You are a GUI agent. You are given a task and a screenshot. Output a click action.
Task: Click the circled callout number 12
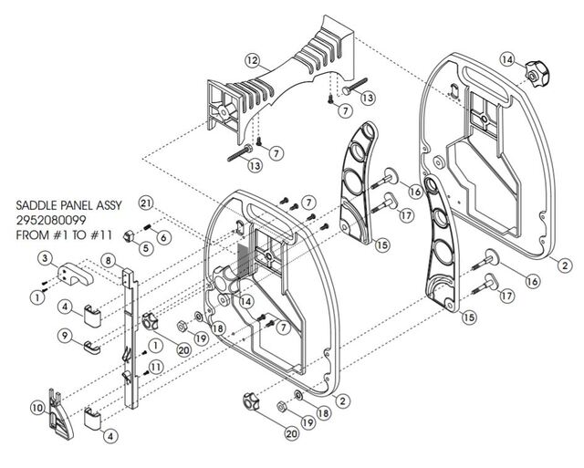(x=253, y=60)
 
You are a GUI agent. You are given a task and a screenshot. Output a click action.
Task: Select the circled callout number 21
(x=146, y=203)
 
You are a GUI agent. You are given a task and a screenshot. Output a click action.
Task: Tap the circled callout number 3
(x=46, y=258)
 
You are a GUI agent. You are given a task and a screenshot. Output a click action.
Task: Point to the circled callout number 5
(x=146, y=247)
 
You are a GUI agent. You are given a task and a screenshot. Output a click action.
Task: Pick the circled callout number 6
(x=164, y=237)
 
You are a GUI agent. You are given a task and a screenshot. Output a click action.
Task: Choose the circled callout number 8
(x=108, y=260)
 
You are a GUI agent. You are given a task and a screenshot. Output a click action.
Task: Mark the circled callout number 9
(x=65, y=336)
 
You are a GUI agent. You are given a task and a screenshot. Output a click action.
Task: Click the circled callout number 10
(x=37, y=408)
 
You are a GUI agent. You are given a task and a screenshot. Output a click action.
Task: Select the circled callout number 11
(x=156, y=367)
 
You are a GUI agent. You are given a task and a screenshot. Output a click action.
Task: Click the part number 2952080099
(x=51, y=220)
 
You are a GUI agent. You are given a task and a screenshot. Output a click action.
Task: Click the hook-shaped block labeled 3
(x=75, y=274)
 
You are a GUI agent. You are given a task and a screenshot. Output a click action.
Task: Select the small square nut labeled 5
(x=129, y=235)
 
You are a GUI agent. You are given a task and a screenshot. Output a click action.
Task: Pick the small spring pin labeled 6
(x=146, y=226)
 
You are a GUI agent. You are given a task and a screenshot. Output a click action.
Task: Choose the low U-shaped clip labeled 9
(x=91, y=348)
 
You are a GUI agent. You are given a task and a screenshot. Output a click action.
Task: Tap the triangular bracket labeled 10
(x=59, y=413)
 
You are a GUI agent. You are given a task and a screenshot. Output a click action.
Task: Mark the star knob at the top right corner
(x=537, y=76)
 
